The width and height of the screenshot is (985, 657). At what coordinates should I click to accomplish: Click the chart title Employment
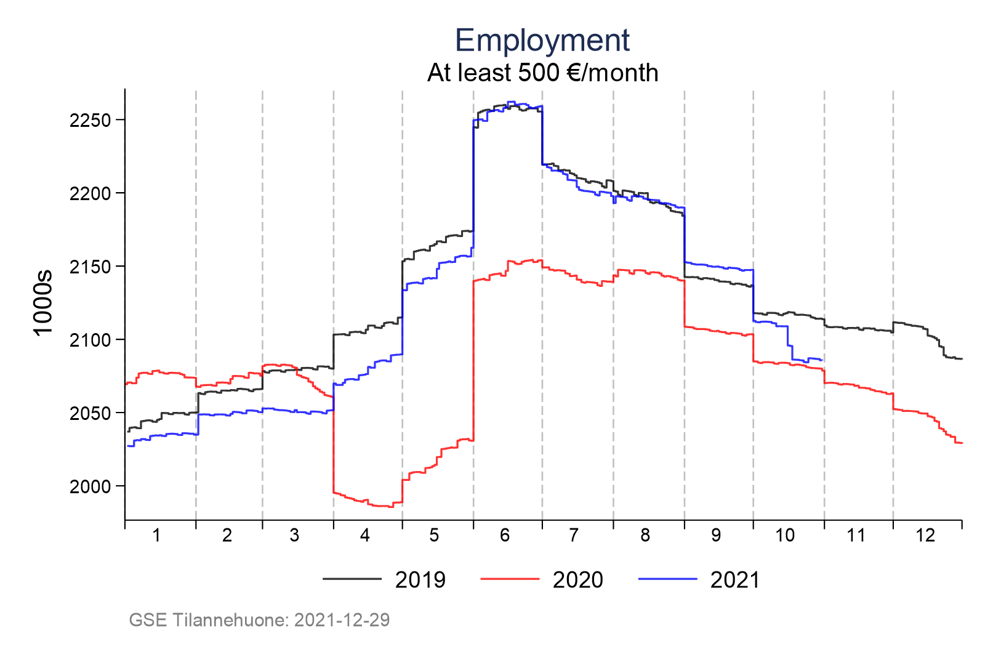pyautogui.click(x=542, y=41)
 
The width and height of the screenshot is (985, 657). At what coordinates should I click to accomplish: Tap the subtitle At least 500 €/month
pyautogui.click(x=542, y=73)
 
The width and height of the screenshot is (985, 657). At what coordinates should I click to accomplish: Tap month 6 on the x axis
pyautogui.click(x=505, y=536)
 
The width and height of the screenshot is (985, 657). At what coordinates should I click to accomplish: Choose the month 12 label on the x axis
pyautogui.click(x=925, y=536)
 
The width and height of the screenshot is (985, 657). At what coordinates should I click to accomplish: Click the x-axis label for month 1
pyautogui.click(x=156, y=536)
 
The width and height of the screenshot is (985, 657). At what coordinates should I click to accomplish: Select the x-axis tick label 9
pyautogui.click(x=716, y=536)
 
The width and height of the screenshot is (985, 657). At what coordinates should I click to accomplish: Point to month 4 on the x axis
pyautogui.click(x=365, y=536)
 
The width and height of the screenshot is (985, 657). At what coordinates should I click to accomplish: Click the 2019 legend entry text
pyautogui.click(x=420, y=580)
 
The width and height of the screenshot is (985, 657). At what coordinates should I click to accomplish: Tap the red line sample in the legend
pyautogui.click(x=509, y=579)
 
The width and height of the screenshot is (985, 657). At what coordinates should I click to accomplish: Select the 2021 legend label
pyautogui.click(x=735, y=580)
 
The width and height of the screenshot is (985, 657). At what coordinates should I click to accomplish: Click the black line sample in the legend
pyautogui.click(x=352, y=579)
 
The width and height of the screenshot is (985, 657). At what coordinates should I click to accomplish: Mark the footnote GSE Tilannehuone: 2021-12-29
pyautogui.click(x=259, y=619)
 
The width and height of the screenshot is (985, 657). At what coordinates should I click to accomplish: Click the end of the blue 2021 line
pyautogui.click(x=822, y=360)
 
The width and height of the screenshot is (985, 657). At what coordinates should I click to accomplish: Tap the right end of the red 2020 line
pyautogui.click(x=962, y=443)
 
